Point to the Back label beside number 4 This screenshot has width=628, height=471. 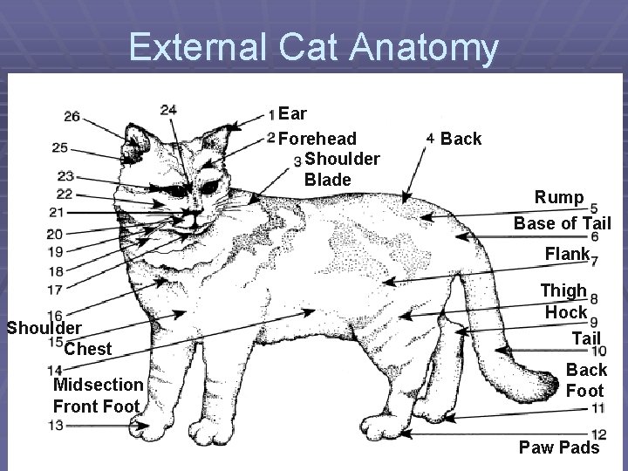pyautogui.click(x=461, y=139)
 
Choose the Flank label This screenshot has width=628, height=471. pyautogui.click(x=566, y=254)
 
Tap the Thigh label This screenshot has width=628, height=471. pyautogui.click(x=563, y=290)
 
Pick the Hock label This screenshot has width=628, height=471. pyautogui.click(x=566, y=311)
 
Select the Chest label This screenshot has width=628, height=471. pyautogui.click(x=88, y=349)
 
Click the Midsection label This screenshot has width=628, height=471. pyautogui.click(x=98, y=385)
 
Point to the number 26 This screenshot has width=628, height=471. pyautogui.click(x=72, y=116)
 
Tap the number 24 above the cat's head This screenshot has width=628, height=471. pyautogui.click(x=168, y=110)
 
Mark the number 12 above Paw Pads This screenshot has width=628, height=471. pyautogui.click(x=598, y=433)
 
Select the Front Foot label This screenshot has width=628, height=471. pyautogui.click(x=96, y=406)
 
